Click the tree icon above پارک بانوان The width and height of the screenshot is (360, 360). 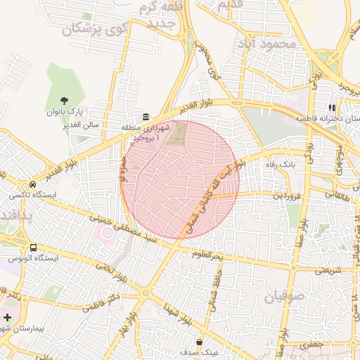point(65,101)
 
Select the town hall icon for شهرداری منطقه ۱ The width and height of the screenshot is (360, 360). point(146,117)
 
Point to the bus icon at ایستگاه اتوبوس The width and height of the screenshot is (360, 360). point(34,247)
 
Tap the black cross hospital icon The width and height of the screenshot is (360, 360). point(7,318)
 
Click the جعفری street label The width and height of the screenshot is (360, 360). point(309,345)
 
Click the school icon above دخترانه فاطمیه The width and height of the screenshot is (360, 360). point(328,108)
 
